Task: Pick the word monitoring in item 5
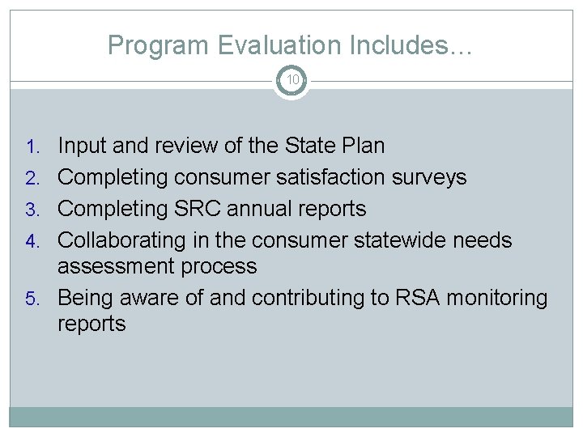499,299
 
